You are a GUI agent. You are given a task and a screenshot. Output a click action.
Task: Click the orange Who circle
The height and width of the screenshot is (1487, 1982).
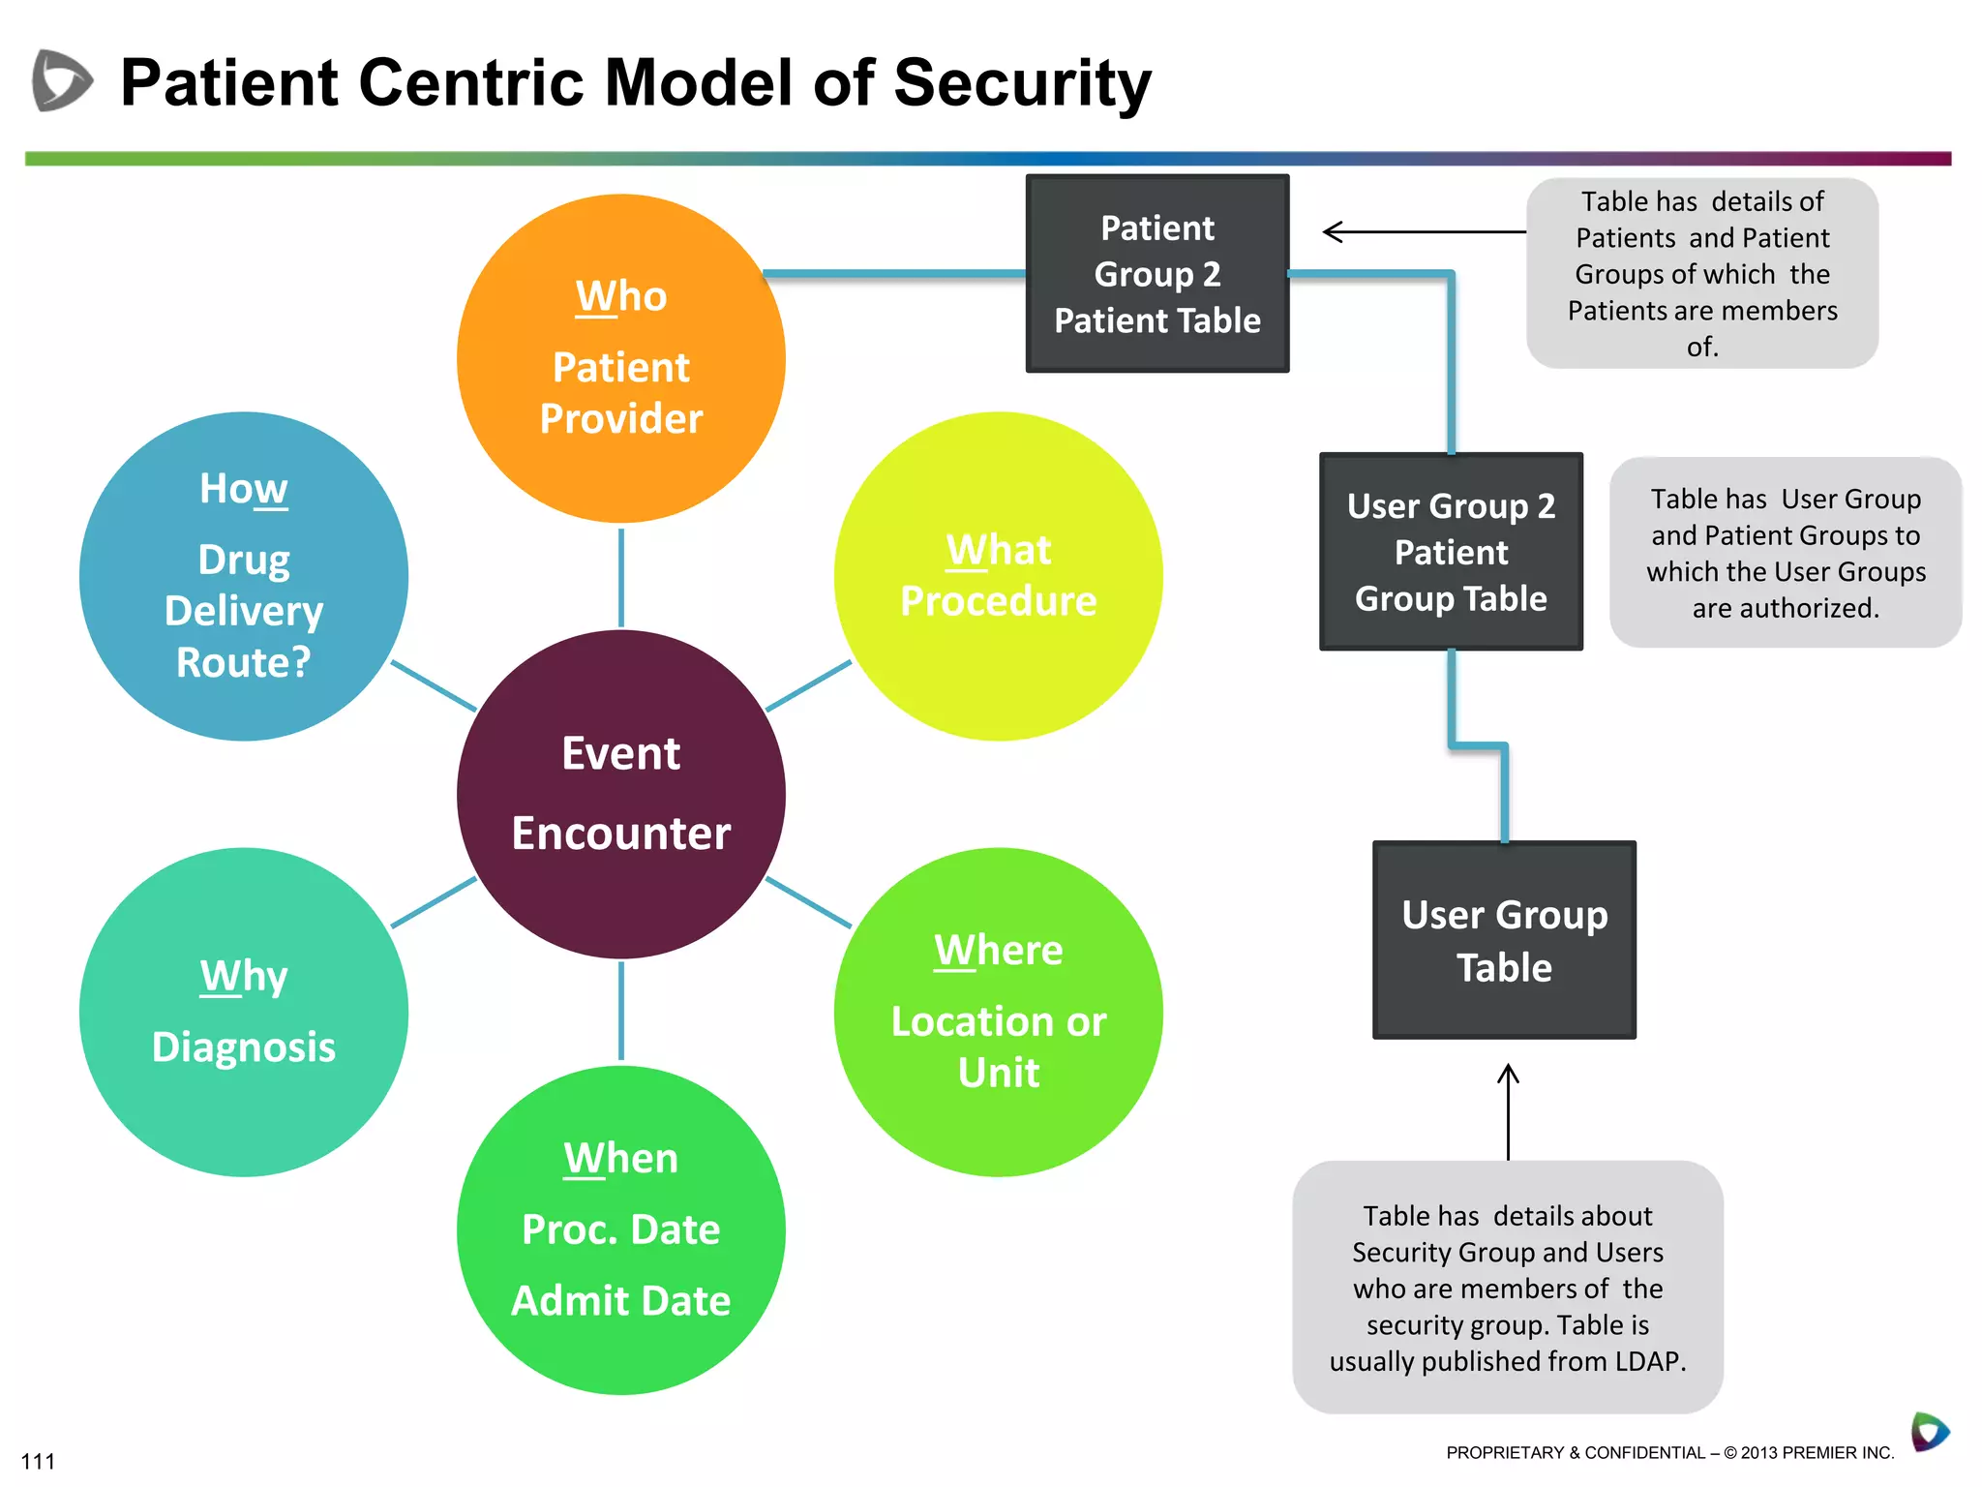click(620, 358)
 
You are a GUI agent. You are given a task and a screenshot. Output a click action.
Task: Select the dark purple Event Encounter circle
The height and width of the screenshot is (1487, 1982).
click(620, 794)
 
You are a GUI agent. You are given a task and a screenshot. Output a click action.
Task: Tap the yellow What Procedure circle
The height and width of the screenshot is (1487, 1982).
click(998, 576)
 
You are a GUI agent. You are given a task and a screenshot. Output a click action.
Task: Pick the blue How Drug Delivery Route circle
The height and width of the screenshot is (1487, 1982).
click(243, 576)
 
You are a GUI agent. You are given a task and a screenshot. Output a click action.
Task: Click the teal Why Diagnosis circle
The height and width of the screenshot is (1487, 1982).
click(243, 1012)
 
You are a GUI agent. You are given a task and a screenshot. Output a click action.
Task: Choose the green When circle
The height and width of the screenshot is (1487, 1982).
click(620, 1229)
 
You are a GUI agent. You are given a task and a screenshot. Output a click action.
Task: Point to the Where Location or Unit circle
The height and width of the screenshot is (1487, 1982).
click(998, 1012)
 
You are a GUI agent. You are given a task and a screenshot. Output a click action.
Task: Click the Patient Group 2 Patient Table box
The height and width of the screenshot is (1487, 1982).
click(1156, 274)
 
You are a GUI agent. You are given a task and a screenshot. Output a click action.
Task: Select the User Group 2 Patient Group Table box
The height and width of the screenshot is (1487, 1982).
click(1450, 551)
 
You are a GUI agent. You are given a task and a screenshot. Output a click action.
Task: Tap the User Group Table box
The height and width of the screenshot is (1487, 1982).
click(1504, 940)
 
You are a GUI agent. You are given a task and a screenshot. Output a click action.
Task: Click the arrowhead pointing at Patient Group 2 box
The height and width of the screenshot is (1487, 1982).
click(1332, 232)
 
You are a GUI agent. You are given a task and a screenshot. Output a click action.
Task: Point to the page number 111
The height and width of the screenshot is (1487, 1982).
click(38, 1461)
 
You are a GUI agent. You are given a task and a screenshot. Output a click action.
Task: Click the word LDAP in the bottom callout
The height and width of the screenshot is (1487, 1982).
click(1648, 1361)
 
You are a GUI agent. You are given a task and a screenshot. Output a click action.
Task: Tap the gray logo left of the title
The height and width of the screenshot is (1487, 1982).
click(61, 80)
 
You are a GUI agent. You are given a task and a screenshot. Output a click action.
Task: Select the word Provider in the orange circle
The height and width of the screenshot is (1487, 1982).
click(620, 419)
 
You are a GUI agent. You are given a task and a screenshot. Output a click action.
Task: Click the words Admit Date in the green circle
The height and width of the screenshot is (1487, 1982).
click(620, 1300)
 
